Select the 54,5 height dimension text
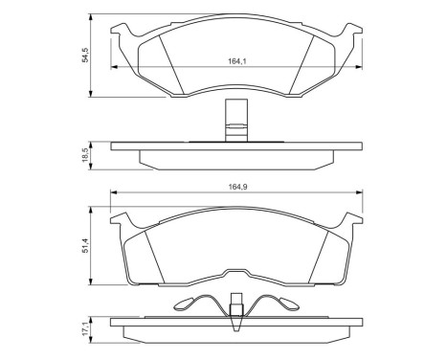pyautogui.click(x=85, y=56)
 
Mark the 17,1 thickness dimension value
pyautogui.click(x=85, y=329)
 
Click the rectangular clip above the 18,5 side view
pyautogui.click(x=230, y=121)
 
